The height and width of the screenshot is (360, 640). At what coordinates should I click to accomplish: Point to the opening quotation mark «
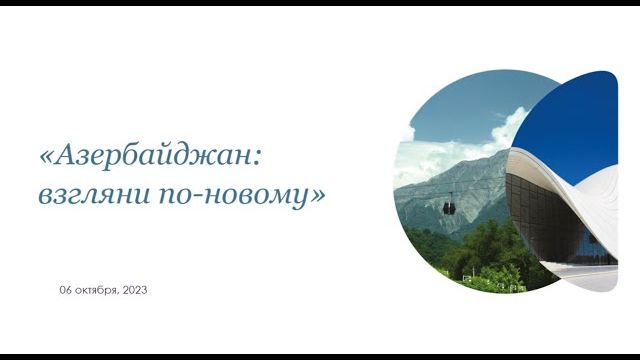click(46, 157)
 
